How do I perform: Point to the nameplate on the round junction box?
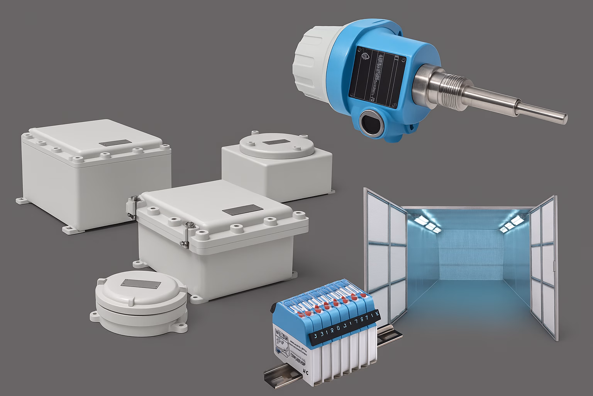(x=141, y=283)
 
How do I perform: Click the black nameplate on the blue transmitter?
(x=378, y=76)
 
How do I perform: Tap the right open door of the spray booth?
(x=542, y=267)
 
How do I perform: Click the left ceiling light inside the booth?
(x=427, y=221)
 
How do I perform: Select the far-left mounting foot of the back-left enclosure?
(x=21, y=200)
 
